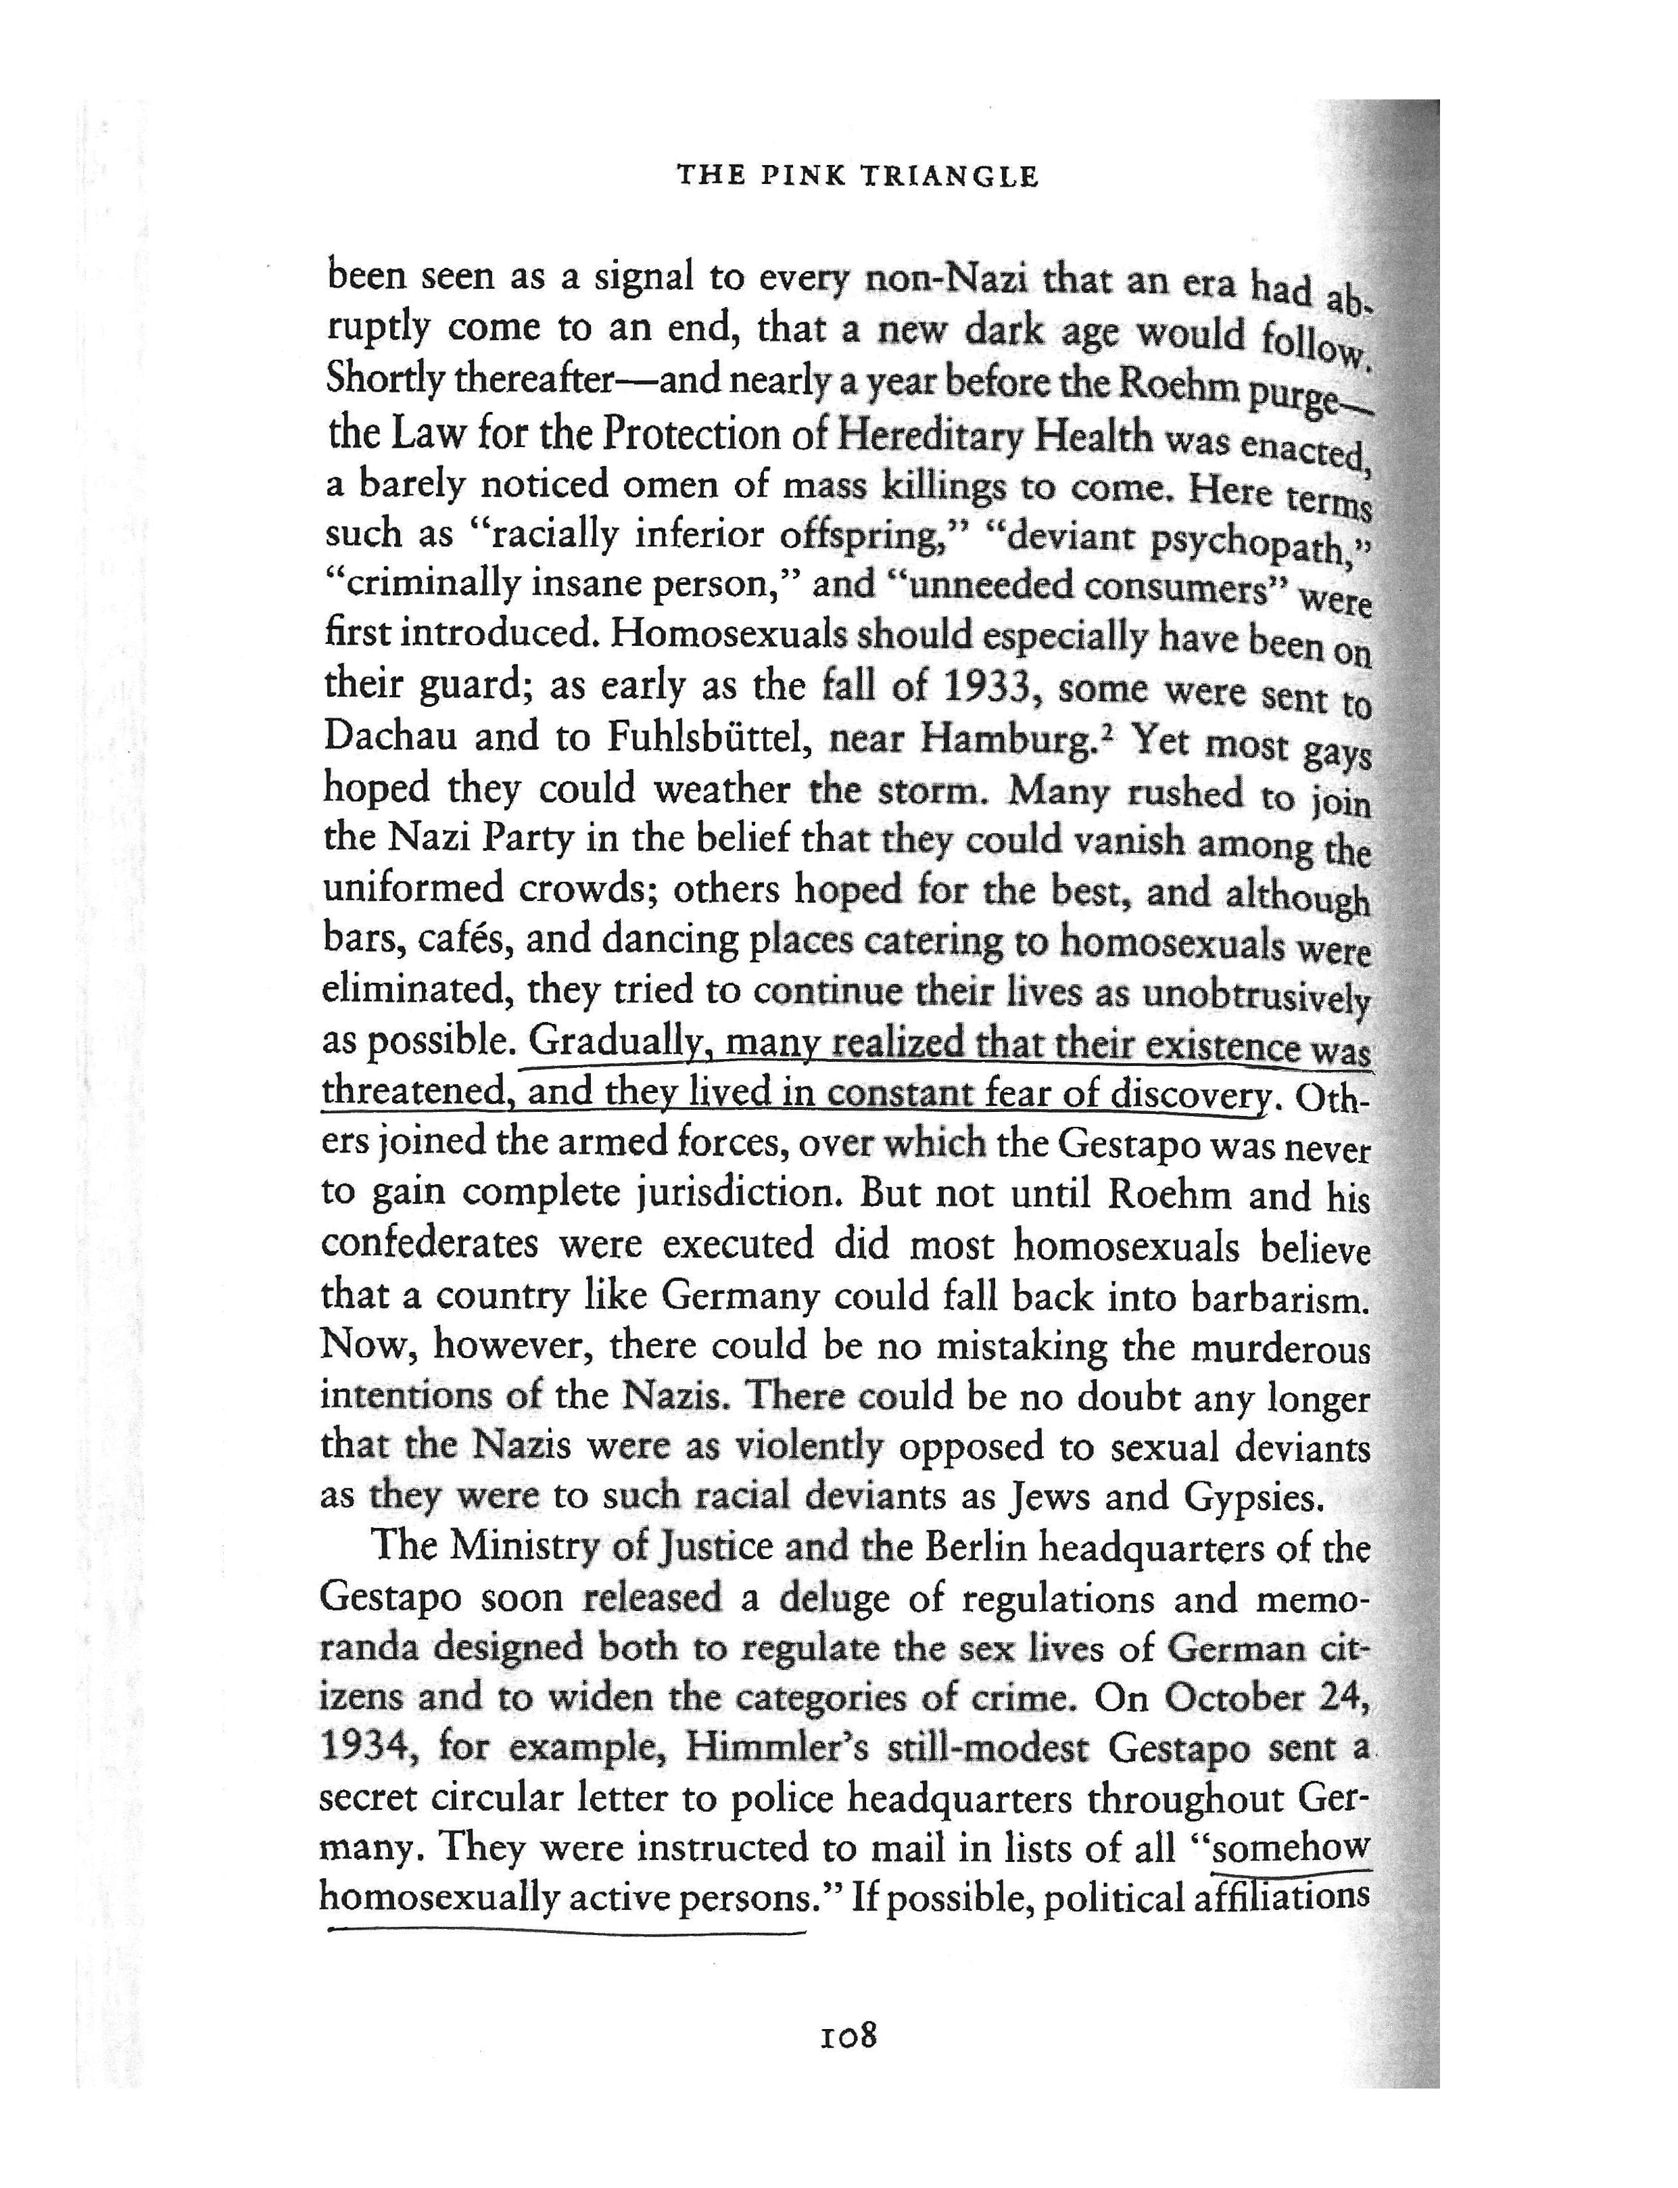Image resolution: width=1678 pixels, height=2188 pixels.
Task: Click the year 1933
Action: point(989,687)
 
